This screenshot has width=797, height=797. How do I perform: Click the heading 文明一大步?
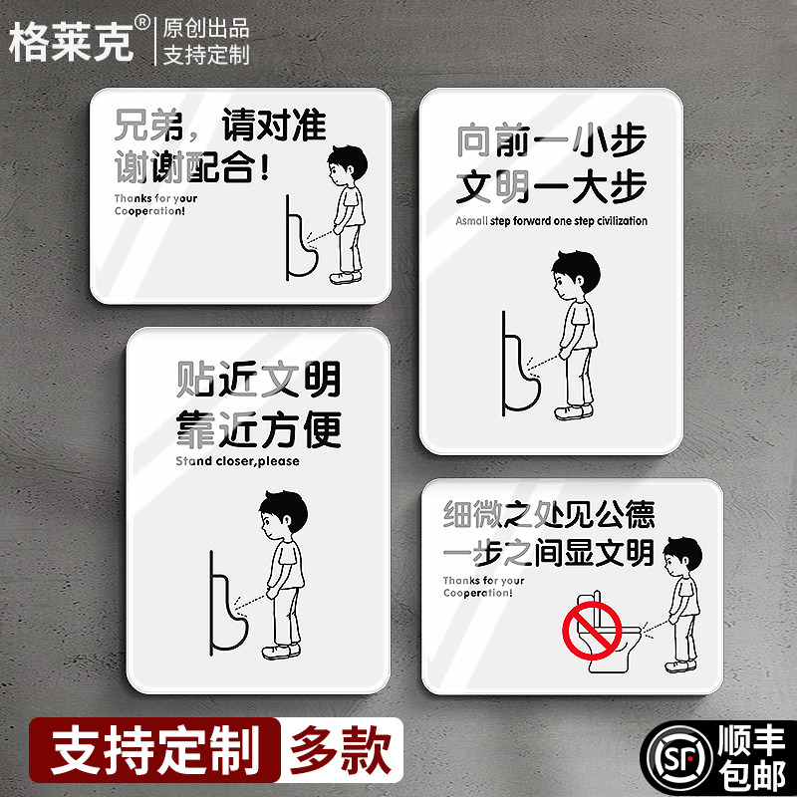pos(551,186)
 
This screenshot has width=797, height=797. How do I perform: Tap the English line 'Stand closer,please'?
pos(237,461)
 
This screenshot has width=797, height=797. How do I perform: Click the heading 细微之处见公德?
pos(549,515)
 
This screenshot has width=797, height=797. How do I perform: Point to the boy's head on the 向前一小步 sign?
pos(577,274)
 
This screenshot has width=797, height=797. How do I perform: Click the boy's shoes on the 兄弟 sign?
pos(344,278)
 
